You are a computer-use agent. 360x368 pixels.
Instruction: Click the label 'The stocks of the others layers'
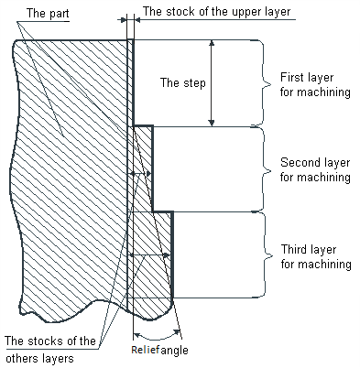pos(50,351)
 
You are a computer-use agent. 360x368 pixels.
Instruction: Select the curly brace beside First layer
pos(267,83)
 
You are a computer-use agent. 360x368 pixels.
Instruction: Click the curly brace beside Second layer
pos(267,170)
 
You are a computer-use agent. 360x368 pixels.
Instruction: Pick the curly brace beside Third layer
pos(267,255)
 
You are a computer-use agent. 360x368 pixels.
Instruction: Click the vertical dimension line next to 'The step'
pos(212,92)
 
